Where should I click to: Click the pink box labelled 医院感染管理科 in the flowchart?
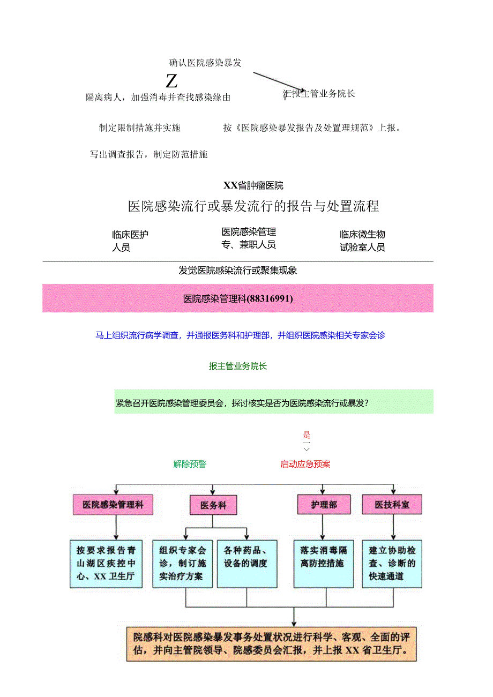(113, 505)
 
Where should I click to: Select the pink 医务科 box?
(213, 505)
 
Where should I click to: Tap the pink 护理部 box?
(324, 505)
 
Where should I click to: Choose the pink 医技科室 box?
(392, 505)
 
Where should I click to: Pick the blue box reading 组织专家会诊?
(182, 564)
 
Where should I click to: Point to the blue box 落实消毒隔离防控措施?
(323, 557)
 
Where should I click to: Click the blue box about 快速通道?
(392, 564)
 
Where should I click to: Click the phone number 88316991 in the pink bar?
(270, 299)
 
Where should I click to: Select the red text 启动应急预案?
(305, 464)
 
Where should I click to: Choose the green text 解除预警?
(190, 464)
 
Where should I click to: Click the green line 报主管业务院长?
(238, 366)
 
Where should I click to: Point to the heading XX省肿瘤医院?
(253, 186)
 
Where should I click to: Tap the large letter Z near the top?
(171, 81)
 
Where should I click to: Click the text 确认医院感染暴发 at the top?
(205, 63)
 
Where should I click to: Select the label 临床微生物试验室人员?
(362, 241)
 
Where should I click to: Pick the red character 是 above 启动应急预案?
(307, 435)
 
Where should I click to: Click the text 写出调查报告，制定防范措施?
(148, 155)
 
